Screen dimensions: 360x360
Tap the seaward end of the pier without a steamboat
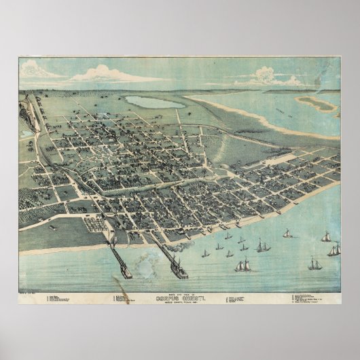coord(125,272)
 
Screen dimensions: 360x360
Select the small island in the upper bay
coord(317,103)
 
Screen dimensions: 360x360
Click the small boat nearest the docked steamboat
coord(204,254)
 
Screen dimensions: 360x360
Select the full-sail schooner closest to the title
coord(242,266)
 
